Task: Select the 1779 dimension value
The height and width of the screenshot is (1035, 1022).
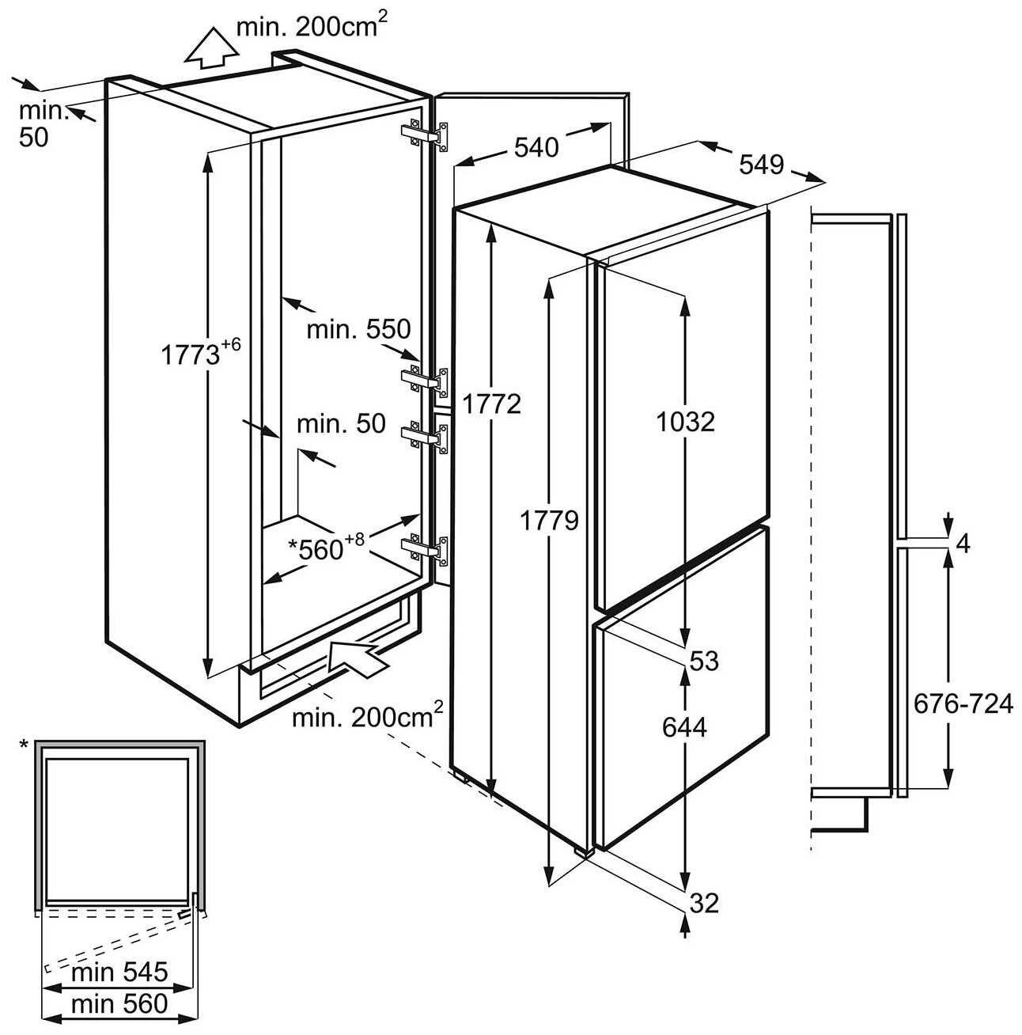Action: coord(551,520)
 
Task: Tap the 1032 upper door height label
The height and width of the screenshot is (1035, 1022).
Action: coord(686,421)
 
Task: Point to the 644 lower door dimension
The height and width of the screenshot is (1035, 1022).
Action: coord(683,726)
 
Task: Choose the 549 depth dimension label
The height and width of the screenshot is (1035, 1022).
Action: coord(762,165)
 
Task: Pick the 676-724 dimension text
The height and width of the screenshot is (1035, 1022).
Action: coord(962,702)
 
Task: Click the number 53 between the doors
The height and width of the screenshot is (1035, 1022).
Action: coord(703,660)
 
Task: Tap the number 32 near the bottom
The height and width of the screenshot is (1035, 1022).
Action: coord(703,902)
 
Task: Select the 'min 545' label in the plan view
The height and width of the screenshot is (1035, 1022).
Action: coord(119,971)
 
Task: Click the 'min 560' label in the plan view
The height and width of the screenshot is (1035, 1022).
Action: coord(119,1003)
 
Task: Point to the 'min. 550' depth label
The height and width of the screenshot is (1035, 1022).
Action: coord(360,328)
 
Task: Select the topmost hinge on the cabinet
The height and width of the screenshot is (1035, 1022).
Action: coord(426,133)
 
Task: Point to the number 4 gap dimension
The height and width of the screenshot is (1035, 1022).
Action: coord(962,544)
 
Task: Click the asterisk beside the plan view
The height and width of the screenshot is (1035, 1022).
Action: coord(24,745)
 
